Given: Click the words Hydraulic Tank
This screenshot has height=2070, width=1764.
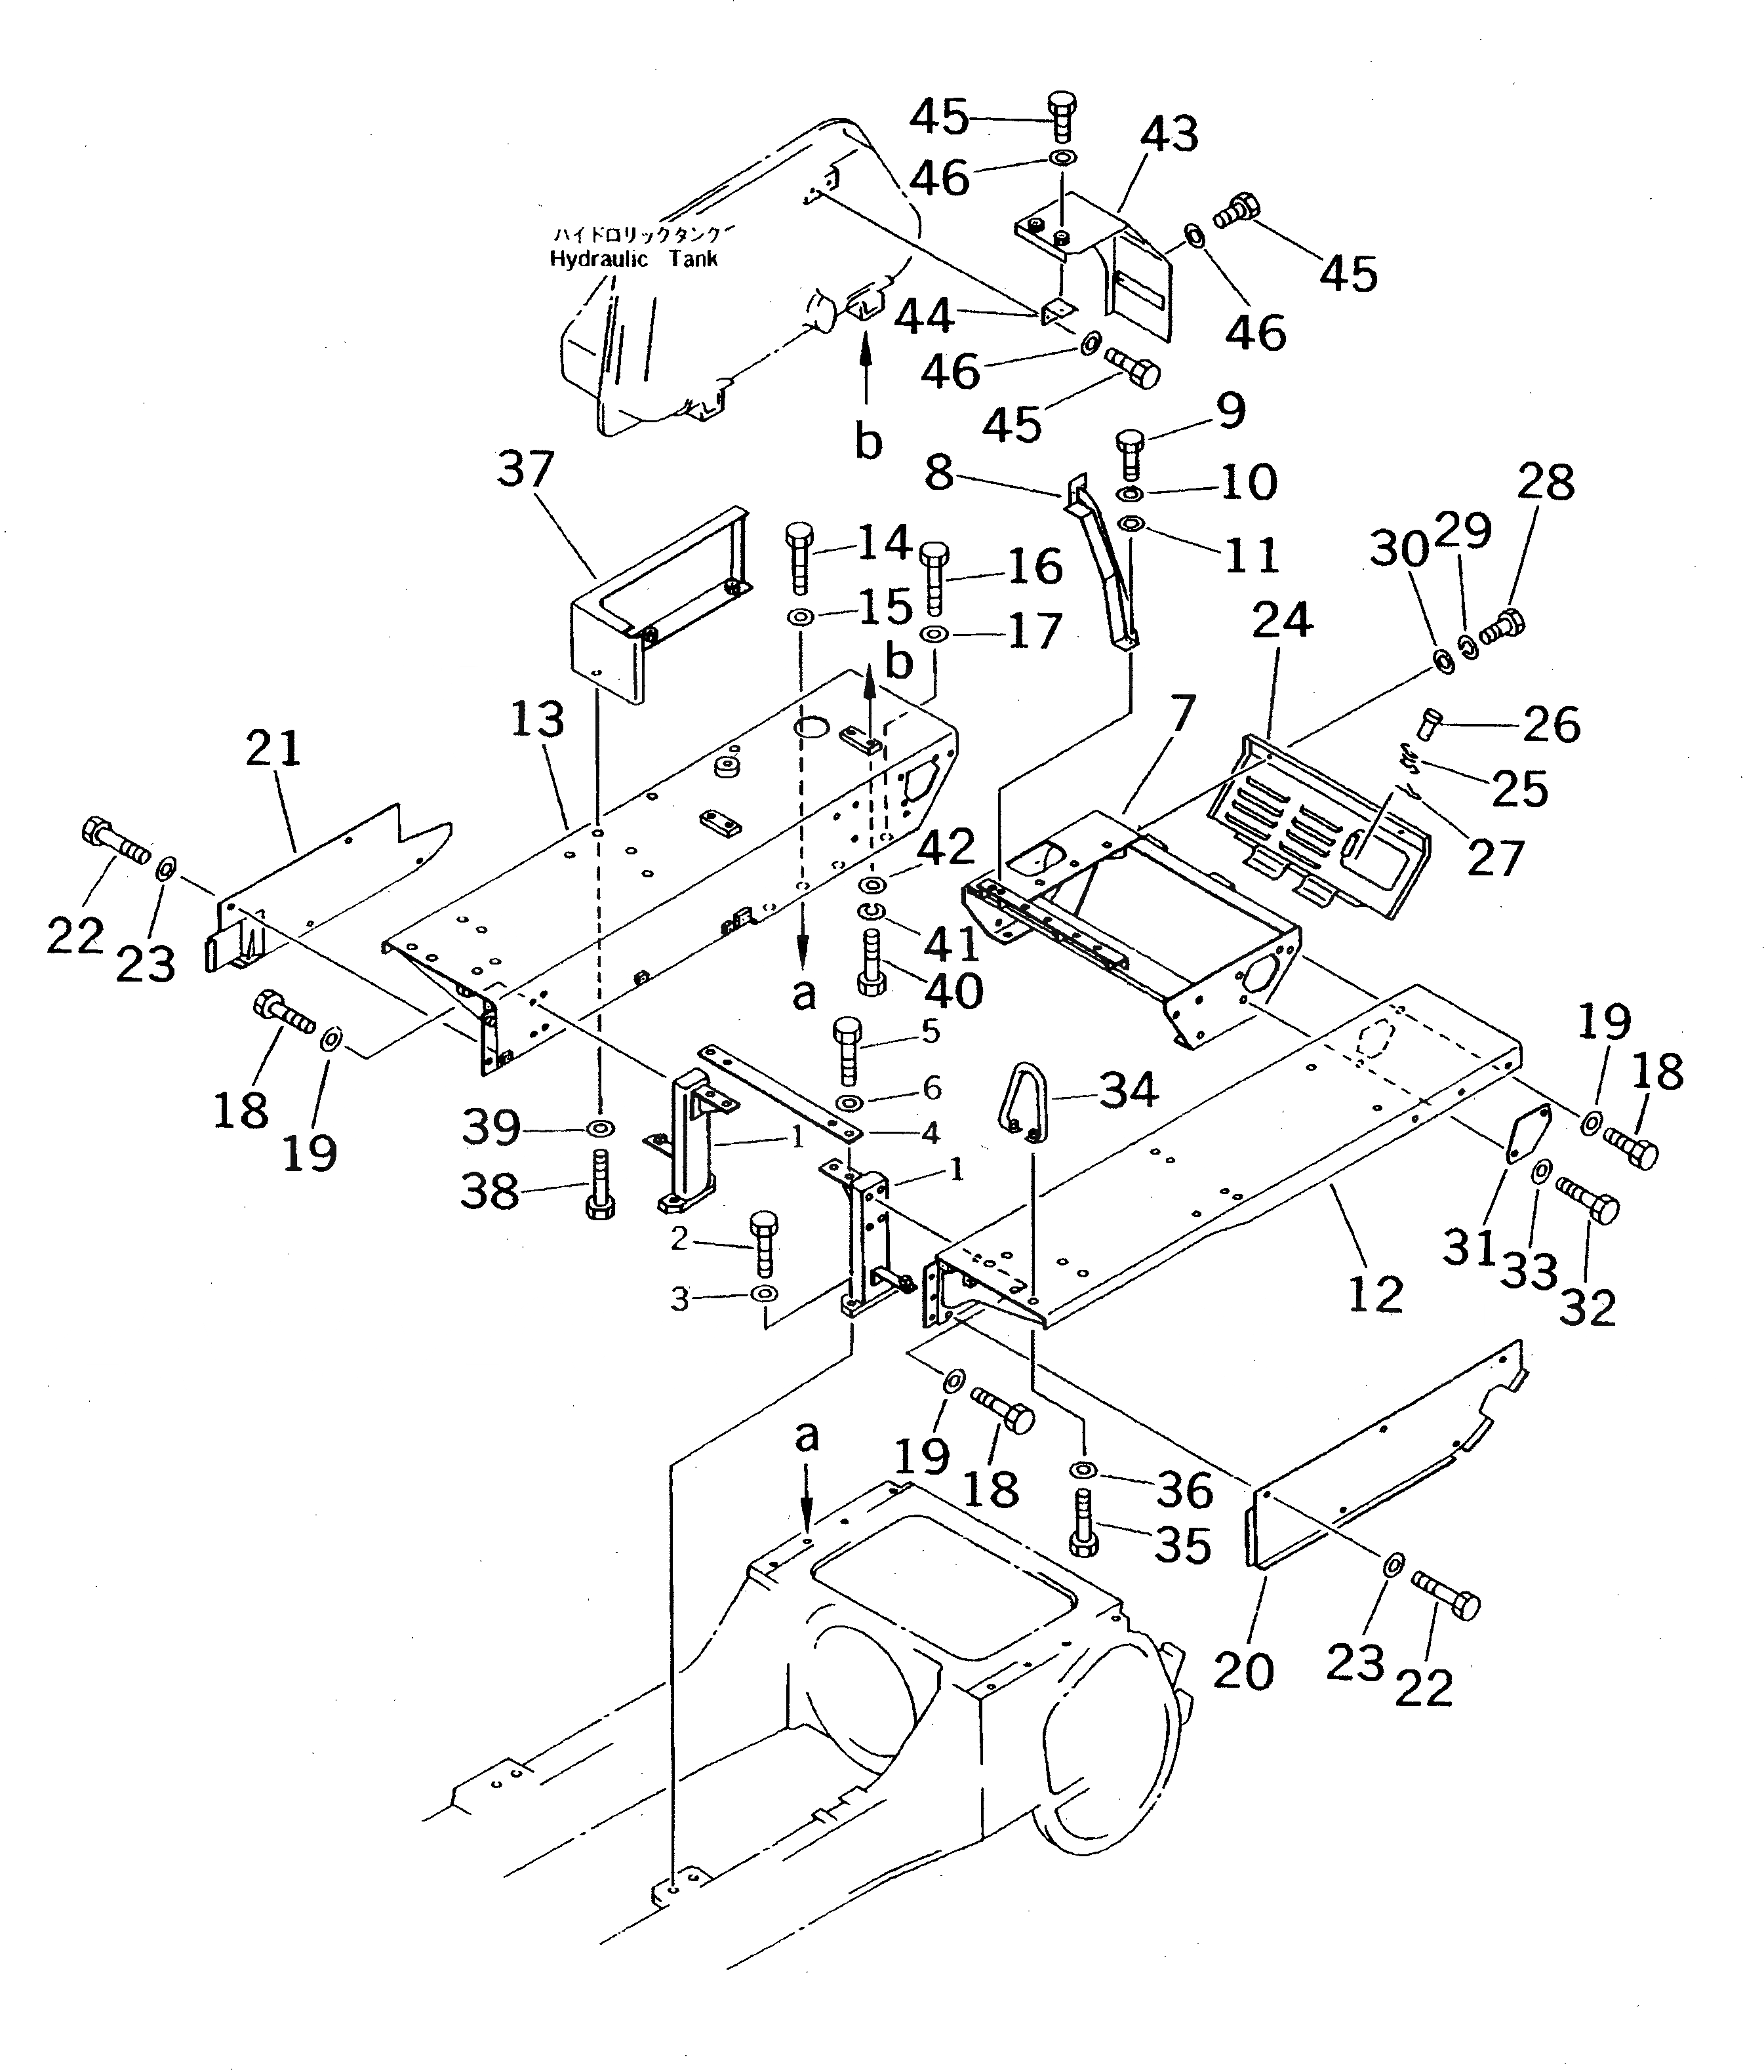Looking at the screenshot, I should pos(633,259).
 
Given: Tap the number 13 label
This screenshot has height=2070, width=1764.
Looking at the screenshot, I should pos(538,719).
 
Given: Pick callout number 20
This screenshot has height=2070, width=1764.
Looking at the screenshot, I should pos(1243,1671).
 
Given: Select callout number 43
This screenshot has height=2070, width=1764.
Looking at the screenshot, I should pos(1169,134).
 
